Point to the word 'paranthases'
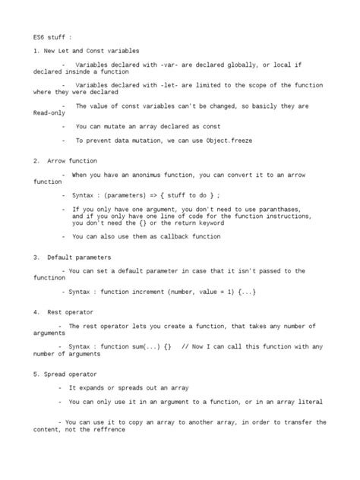tap(279, 209)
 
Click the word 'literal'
tap(310, 402)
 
